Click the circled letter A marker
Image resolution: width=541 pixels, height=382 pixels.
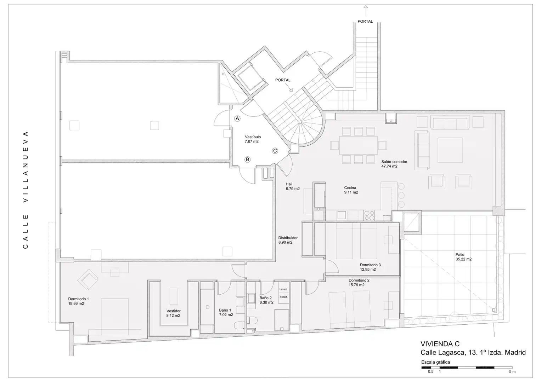tap(237, 118)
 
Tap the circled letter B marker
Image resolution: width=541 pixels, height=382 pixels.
tap(247, 160)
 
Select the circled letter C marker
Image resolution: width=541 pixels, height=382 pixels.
tap(275, 151)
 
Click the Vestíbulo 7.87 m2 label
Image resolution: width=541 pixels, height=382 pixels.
tap(253, 139)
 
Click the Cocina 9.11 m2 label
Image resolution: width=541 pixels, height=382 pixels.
tap(351, 190)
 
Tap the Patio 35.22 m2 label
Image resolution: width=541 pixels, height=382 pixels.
tap(463, 257)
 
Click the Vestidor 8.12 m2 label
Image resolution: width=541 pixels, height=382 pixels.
tap(173, 313)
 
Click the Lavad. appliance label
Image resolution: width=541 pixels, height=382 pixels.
tap(283, 289)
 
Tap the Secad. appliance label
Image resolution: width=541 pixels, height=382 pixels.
tap(283, 297)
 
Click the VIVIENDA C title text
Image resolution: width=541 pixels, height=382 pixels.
tap(440, 344)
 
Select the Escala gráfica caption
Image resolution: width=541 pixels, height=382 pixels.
tap(435, 362)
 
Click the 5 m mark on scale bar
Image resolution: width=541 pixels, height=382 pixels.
tap(512, 372)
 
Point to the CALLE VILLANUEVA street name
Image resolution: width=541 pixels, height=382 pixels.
tap(26, 190)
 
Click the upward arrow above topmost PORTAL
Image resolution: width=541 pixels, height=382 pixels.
tap(366, 11)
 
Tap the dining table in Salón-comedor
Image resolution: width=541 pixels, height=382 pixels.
tap(359, 145)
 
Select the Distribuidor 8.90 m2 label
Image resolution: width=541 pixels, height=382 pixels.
tap(288, 240)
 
